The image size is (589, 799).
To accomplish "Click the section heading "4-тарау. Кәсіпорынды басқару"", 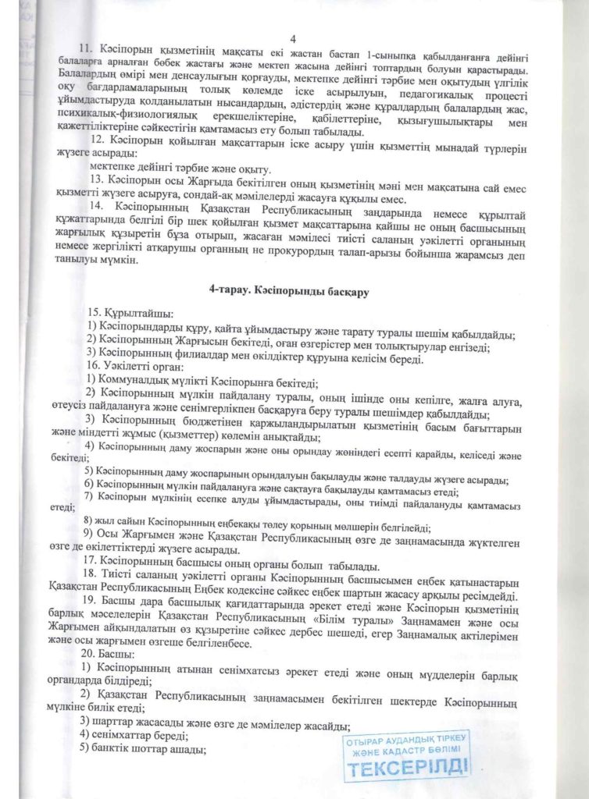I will click(288, 290).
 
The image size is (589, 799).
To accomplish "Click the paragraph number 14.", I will click(98, 205).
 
